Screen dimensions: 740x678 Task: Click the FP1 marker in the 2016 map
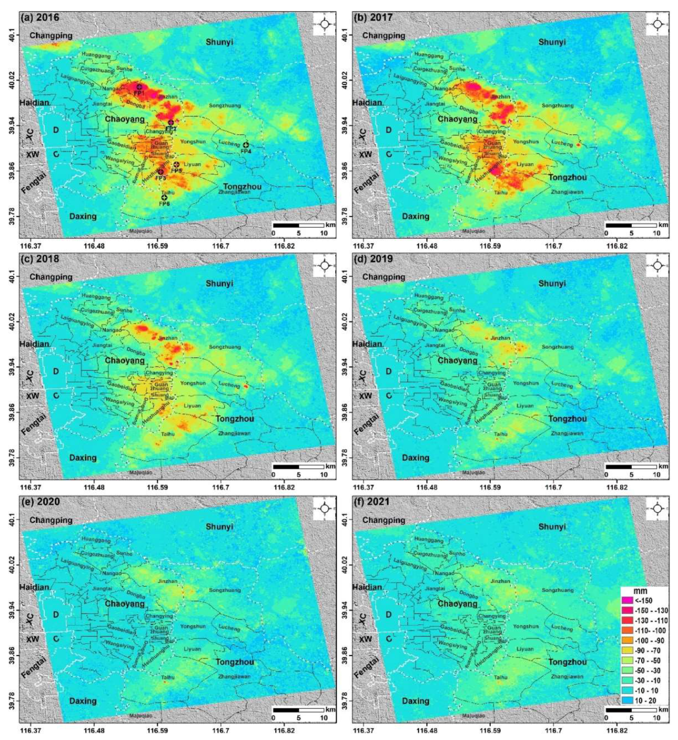(x=139, y=87)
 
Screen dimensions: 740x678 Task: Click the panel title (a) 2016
(x=41, y=17)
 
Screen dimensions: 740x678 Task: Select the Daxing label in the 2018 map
(x=83, y=458)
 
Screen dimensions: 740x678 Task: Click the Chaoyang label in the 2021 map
(x=457, y=603)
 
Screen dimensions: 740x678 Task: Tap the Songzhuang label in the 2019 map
(x=557, y=347)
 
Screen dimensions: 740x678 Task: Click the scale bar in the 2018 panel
(x=298, y=466)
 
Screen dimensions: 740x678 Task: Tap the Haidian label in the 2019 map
(x=367, y=344)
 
